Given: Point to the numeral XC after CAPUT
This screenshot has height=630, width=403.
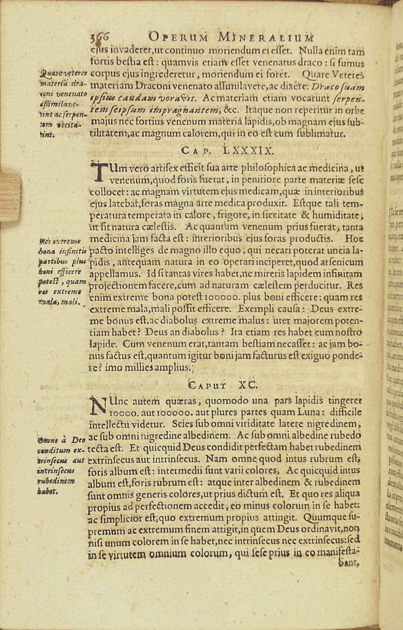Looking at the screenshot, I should pos(256,385).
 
